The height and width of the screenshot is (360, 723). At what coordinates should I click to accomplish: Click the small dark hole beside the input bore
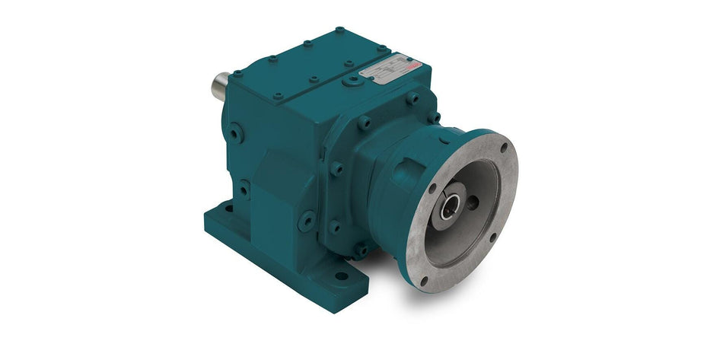pyautogui.click(x=473, y=203)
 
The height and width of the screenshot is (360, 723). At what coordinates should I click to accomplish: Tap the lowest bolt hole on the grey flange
pyautogui.click(x=422, y=282)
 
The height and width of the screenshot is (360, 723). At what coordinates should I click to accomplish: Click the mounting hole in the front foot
pyautogui.click(x=340, y=276)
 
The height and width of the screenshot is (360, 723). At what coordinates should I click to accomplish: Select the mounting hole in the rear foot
pyautogui.click(x=228, y=205)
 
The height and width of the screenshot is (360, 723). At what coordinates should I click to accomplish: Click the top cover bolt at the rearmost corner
pyautogui.click(x=339, y=31)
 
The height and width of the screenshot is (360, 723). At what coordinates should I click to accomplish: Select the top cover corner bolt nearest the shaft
pyautogui.click(x=237, y=74)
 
